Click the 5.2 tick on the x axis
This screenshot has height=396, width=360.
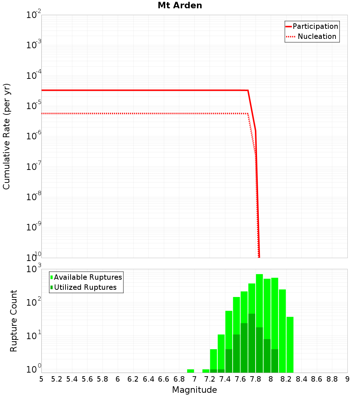click(57, 379)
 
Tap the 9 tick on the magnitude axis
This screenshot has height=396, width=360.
click(347, 379)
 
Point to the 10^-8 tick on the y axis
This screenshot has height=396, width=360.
click(34, 197)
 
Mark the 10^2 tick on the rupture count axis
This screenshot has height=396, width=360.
click(34, 303)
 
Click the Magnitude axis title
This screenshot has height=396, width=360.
click(194, 390)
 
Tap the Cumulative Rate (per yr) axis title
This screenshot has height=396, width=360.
click(6, 136)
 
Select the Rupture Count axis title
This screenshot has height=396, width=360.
click(14, 321)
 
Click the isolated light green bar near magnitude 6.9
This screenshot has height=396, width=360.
click(190, 371)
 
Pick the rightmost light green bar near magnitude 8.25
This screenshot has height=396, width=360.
click(290, 345)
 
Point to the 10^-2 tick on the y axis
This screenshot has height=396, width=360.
click(34, 15)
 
